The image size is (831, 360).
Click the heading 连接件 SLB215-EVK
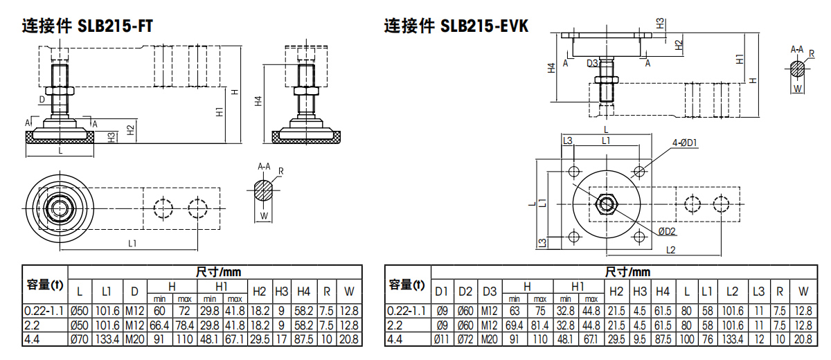coord(456,26)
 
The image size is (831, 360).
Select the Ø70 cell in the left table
coord(80,340)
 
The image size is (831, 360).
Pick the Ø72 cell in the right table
coord(465,340)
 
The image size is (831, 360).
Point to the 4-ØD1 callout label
coord(684,143)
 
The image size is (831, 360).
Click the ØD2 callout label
coord(667,231)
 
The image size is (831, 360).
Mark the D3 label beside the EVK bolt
coord(593,63)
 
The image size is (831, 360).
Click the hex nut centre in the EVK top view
coord(607,203)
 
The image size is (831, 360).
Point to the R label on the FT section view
coord(280,170)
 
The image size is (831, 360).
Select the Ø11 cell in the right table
coord(442,340)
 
